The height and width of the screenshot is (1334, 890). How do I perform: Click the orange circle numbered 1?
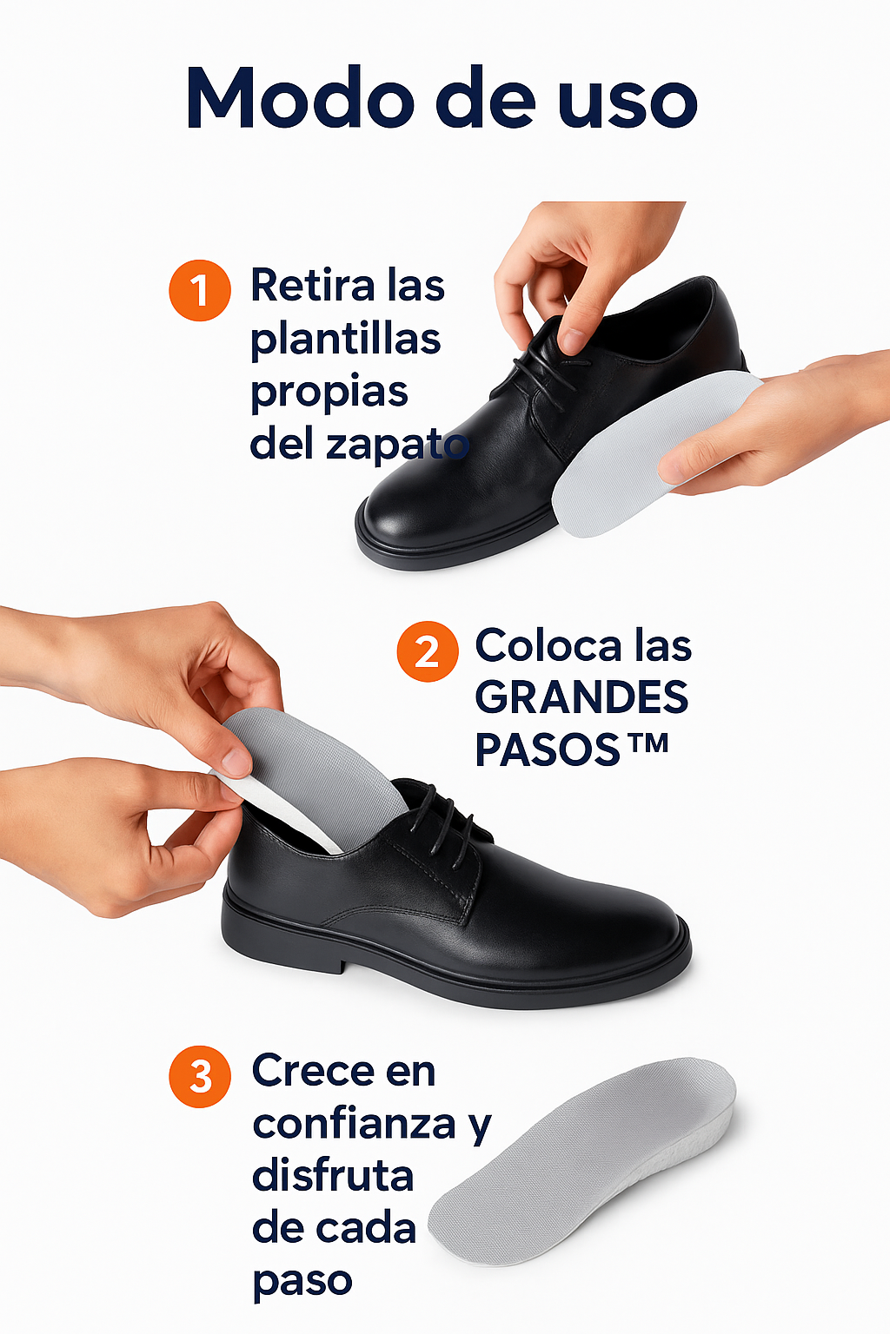coord(200,291)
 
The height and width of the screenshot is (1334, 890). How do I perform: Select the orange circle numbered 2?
coord(428,650)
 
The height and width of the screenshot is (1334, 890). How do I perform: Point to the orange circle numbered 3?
coord(200,1077)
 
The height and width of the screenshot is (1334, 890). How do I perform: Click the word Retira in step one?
coord(313,285)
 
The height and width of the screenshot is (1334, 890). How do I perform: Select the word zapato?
coord(397,445)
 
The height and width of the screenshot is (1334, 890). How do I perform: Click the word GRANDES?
coord(581,697)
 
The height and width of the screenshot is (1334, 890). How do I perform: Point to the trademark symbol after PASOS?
coord(648,743)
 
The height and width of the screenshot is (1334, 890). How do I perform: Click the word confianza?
coord(354,1125)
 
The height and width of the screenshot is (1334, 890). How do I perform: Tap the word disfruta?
coord(333,1176)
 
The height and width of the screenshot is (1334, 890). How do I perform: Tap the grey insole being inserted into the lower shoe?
coord(310,773)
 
